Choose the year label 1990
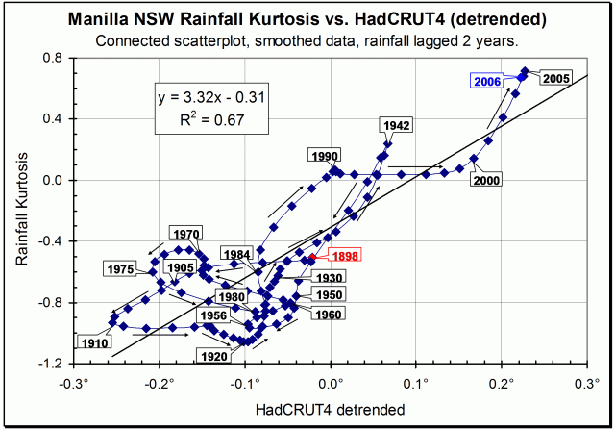click(327, 156)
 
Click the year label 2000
click(489, 182)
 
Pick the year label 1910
click(94, 341)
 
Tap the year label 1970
click(186, 233)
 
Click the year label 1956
click(213, 315)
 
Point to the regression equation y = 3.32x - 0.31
click(207, 97)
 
